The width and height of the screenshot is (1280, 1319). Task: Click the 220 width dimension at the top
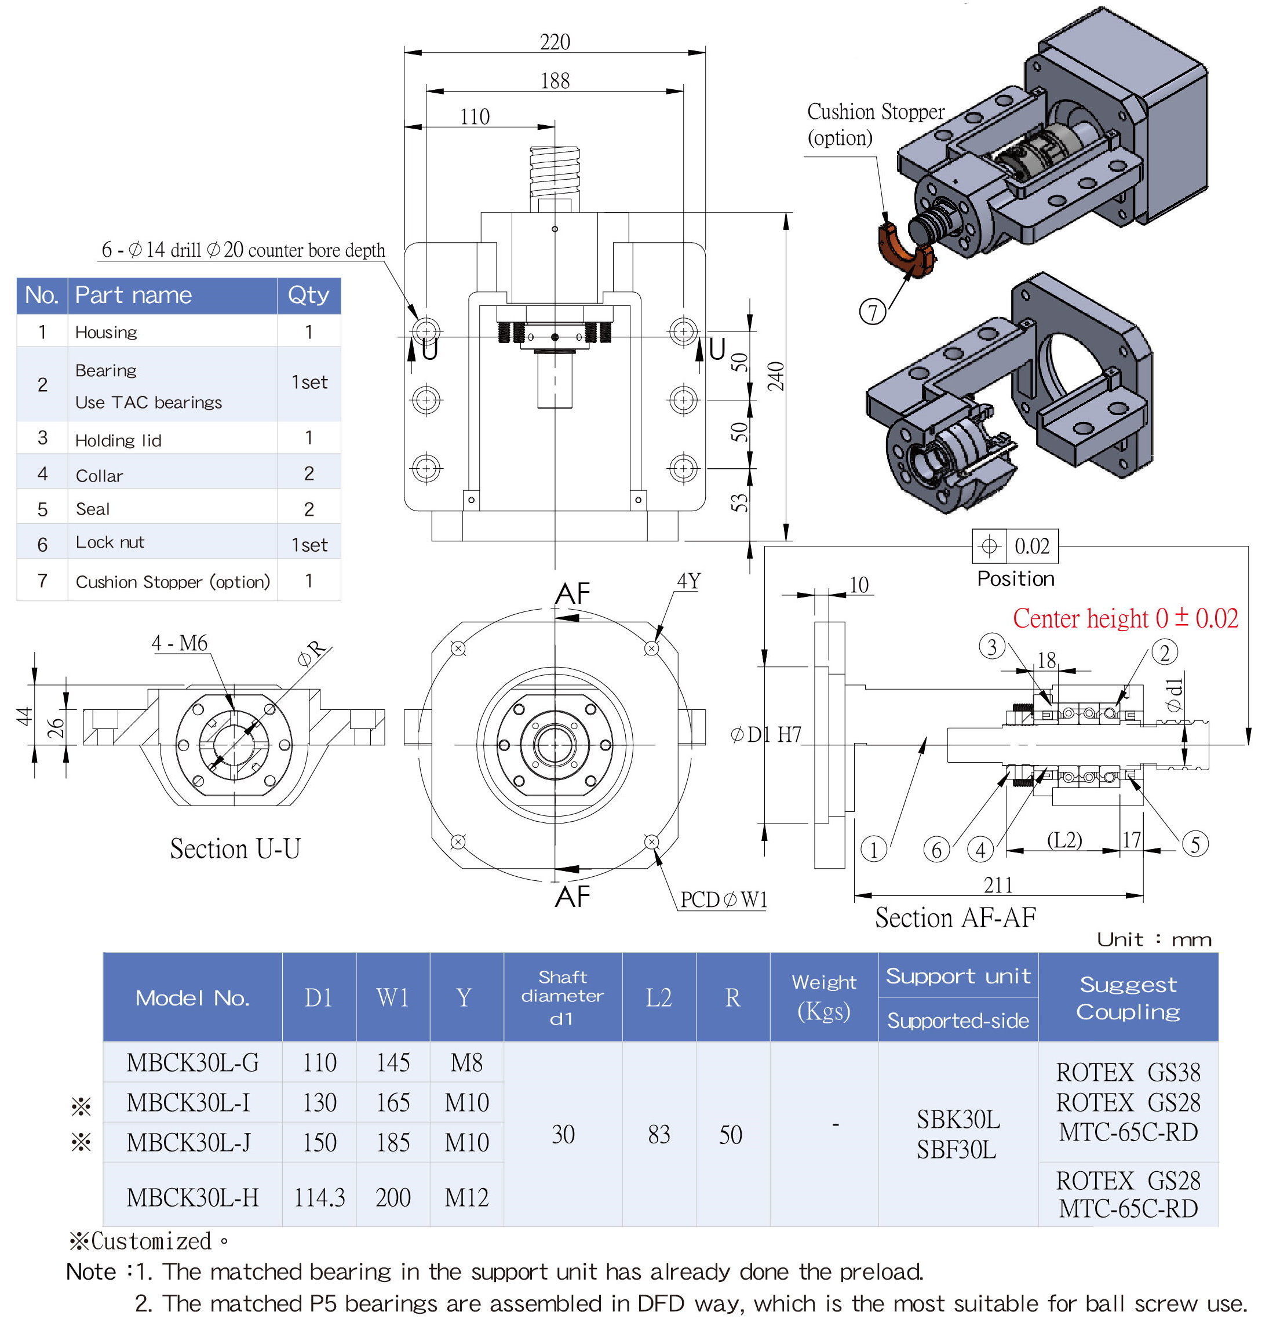[x=555, y=42]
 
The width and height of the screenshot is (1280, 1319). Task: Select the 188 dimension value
[x=555, y=81]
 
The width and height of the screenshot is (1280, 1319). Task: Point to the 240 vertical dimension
[x=776, y=376]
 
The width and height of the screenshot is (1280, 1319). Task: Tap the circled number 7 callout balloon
[x=872, y=312]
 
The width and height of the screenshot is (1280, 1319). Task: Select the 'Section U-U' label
[x=235, y=848]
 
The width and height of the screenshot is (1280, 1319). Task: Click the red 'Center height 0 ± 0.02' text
[x=1125, y=618]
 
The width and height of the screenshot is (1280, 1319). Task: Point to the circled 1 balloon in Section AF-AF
[x=874, y=849]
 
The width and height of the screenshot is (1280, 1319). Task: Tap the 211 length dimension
[x=997, y=885]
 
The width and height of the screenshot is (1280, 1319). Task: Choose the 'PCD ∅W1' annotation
[x=724, y=900]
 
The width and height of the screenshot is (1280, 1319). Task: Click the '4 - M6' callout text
[x=179, y=643]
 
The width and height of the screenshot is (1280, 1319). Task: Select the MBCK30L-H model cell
[x=192, y=1197]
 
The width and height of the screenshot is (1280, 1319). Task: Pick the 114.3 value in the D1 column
[x=319, y=1197]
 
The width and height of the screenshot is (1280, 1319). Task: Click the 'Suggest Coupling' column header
[x=1128, y=997]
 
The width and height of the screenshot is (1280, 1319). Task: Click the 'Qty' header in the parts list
[x=308, y=295]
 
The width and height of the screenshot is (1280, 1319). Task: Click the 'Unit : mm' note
[x=1154, y=939]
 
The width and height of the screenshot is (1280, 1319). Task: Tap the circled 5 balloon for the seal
[x=1195, y=844]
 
